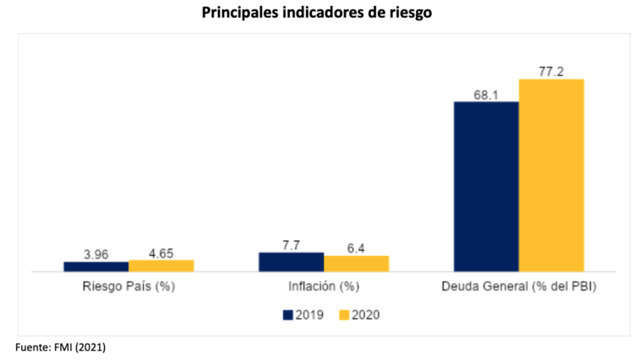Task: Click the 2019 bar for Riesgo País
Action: pos(96,266)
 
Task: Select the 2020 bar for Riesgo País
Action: pos(161,265)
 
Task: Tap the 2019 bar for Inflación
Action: pos(291,262)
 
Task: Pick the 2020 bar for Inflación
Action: pos(356,264)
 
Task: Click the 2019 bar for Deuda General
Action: pos(486,187)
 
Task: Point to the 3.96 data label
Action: pos(96,253)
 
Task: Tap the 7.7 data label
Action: pos(292,243)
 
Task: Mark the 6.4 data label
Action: pos(356,247)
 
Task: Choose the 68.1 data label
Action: pos(486,94)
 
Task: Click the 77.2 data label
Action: pos(551,71)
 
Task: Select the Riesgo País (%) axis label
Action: pos(128,286)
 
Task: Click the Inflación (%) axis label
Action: pos(324,286)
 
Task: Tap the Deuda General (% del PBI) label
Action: pos(519,286)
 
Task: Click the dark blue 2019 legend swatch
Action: pos(288,314)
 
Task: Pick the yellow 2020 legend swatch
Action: pos(344,314)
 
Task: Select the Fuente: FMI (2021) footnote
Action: pos(60,346)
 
